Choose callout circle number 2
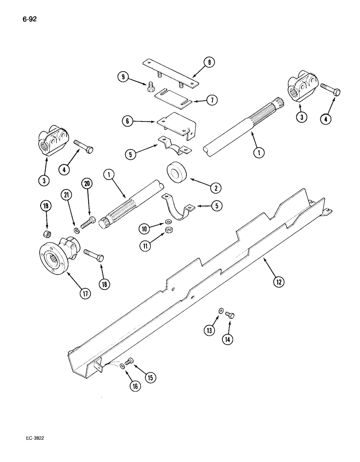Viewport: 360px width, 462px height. click(215, 188)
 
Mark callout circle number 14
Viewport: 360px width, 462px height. click(227, 339)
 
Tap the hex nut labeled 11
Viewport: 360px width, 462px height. click(169, 230)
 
